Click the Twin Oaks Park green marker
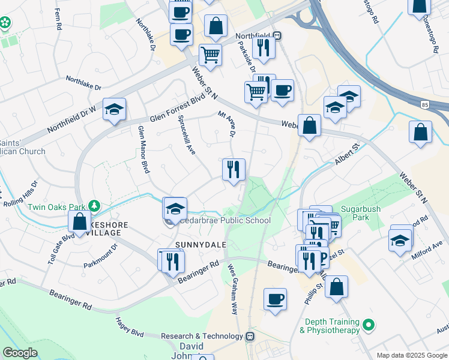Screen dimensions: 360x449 [93, 206]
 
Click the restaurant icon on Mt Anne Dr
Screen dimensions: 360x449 [234, 169]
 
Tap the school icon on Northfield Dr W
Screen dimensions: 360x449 [114, 109]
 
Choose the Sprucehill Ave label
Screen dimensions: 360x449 [187, 134]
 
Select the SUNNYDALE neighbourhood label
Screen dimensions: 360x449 [197, 245]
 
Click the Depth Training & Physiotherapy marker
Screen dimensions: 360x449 [370, 326]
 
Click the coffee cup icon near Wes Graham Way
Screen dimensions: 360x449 [275, 299]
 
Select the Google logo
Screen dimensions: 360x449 [20, 353]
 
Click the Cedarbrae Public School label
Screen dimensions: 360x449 [225, 221]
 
